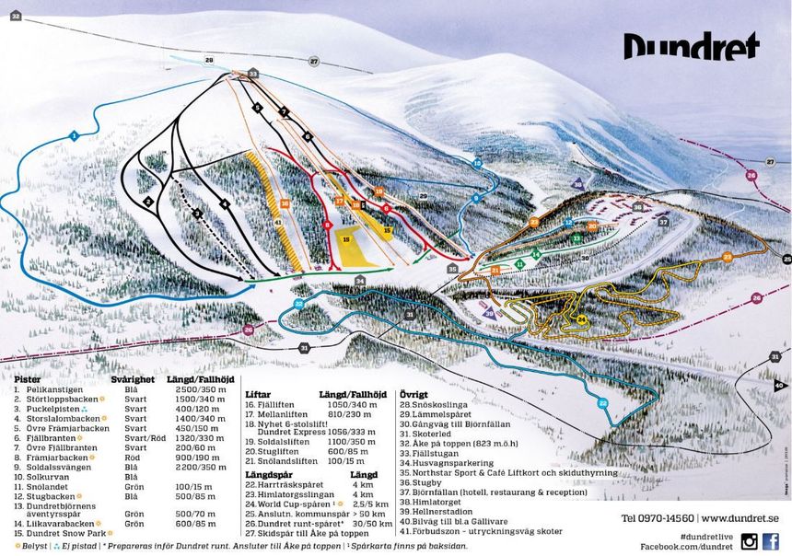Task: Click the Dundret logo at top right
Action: pos(691,46)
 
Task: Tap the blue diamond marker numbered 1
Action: pos(72,136)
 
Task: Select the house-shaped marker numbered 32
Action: pos(15,16)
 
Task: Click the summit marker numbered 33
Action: pos(252,73)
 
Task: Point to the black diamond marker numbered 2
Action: pos(147,200)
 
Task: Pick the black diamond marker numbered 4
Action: pos(224,203)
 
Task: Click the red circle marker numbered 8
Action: pos(327,224)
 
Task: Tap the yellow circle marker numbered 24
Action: pos(581,319)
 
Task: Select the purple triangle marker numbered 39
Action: pos(488,313)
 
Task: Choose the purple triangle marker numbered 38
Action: pos(577,184)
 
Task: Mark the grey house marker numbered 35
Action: pos(452,269)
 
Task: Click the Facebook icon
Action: pos(771,541)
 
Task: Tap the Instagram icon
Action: pos(749,541)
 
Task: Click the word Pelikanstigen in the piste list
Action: pos(44,390)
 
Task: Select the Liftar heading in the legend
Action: pos(261,394)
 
